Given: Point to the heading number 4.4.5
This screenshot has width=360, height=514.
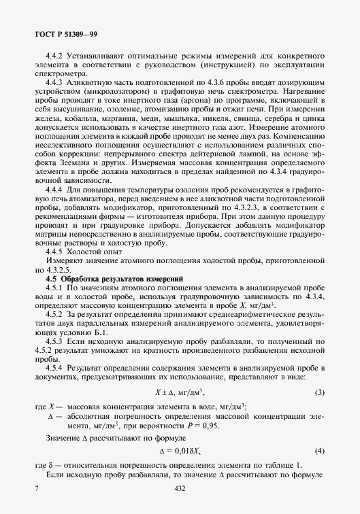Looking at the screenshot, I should click(55, 251).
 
